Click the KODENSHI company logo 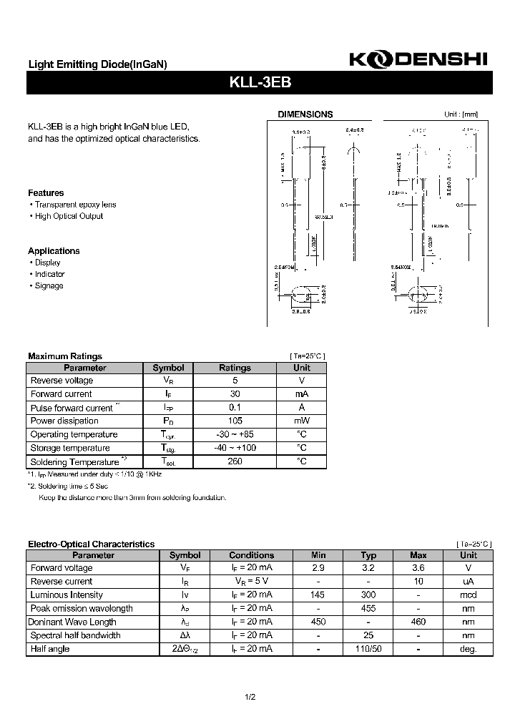[x=418, y=61]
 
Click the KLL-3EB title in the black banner [x=260, y=82]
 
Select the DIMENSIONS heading [x=305, y=114]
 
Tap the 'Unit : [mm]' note [x=461, y=114]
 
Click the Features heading [x=46, y=193]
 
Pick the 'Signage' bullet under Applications [x=49, y=285]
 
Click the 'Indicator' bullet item [x=49, y=274]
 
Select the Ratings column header [x=235, y=368]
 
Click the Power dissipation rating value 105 [x=235, y=421]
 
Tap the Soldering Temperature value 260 [x=235, y=461]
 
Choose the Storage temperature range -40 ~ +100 [x=235, y=448]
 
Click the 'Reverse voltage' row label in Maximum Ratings [x=62, y=381]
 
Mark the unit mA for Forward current [x=302, y=394]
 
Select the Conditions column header [x=251, y=555]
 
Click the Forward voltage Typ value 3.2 [x=368, y=568]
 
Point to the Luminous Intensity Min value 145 [x=318, y=595]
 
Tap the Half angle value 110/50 [x=368, y=650]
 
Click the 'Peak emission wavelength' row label [x=82, y=609]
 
